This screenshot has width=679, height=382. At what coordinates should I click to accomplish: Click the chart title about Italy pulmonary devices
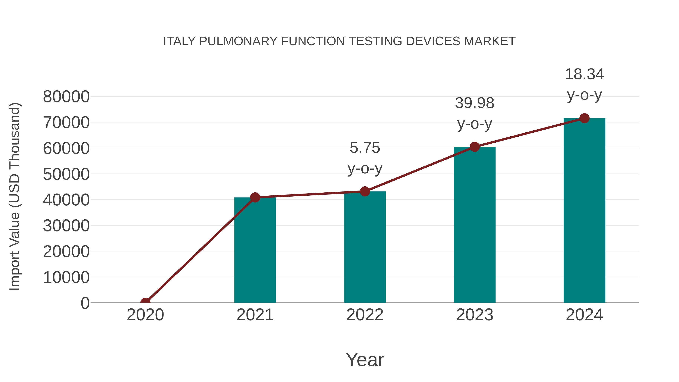click(x=339, y=41)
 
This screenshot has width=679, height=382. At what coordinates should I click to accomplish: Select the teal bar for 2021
click(x=255, y=251)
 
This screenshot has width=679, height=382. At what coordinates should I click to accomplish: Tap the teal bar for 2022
click(x=365, y=248)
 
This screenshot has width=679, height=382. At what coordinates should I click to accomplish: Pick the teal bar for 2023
click(x=475, y=225)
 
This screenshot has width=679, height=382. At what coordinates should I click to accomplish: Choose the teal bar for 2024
click(x=584, y=211)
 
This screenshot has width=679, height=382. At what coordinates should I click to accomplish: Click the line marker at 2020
click(x=145, y=302)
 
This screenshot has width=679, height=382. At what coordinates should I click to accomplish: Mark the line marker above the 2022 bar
click(x=365, y=191)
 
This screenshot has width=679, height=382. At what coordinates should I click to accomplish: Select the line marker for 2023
click(x=475, y=147)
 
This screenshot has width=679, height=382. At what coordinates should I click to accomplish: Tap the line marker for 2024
click(x=584, y=118)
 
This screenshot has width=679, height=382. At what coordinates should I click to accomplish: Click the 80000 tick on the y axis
click(x=66, y=97)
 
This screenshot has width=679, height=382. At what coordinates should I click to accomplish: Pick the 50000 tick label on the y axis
click(x=66, y=174)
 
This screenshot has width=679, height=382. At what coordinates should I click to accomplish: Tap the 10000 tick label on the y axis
click(x=66, y=277)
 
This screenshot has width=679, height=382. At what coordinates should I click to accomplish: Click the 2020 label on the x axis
click(x=145, y=315)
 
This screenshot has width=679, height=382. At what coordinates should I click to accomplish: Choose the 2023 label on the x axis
click(x=475, y=315)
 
